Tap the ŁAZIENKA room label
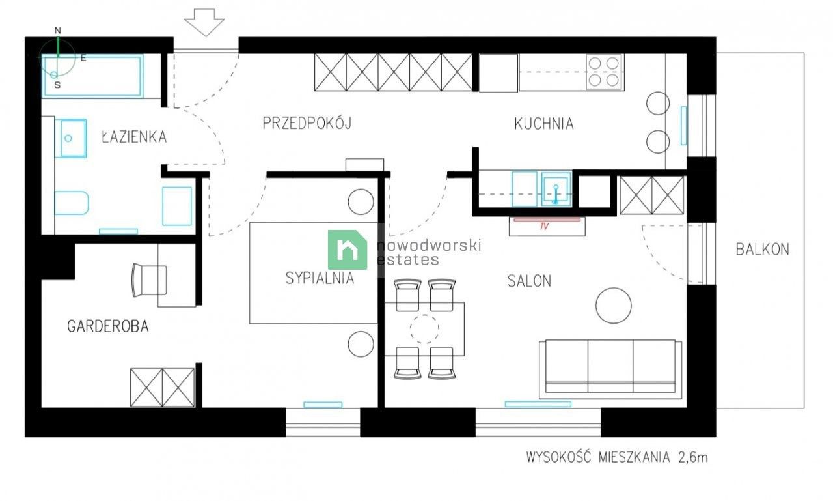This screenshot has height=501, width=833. point(134,137)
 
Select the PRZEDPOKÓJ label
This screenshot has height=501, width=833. point(307,123)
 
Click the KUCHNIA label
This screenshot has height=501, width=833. point(544,124)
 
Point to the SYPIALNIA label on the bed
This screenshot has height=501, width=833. point(320,278)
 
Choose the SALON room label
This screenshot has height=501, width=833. point(529,281)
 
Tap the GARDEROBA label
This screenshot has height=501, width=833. point(108,326)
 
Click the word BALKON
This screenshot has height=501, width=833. point(763,249)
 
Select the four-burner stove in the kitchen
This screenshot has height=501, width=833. point(604,72)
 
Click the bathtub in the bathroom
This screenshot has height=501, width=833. point(93,76)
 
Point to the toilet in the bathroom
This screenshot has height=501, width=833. point(70,203)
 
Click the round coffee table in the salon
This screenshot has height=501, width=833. point(613,306)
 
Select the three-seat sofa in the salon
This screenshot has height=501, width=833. point(610,368)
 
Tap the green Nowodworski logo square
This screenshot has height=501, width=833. point(348,250)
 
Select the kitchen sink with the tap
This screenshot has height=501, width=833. point(556,188)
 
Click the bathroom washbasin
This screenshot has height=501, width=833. point(73,138)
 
